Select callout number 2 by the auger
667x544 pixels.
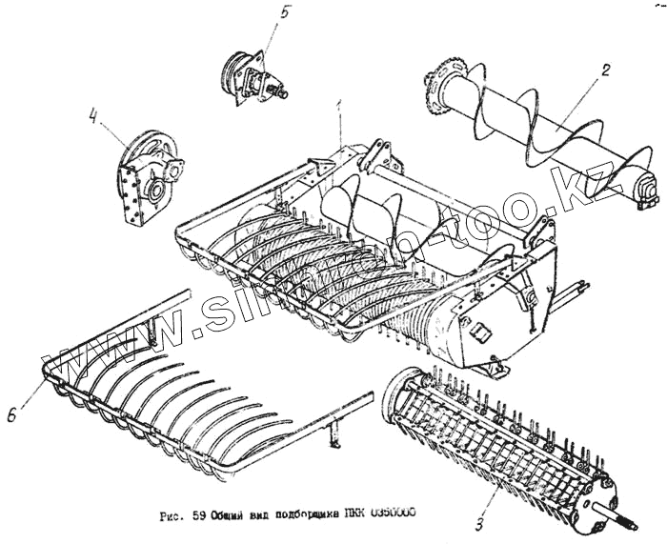[x=605, y=70]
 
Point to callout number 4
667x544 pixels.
[x=93, y=119]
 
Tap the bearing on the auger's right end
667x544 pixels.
[x=644, y=191]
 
